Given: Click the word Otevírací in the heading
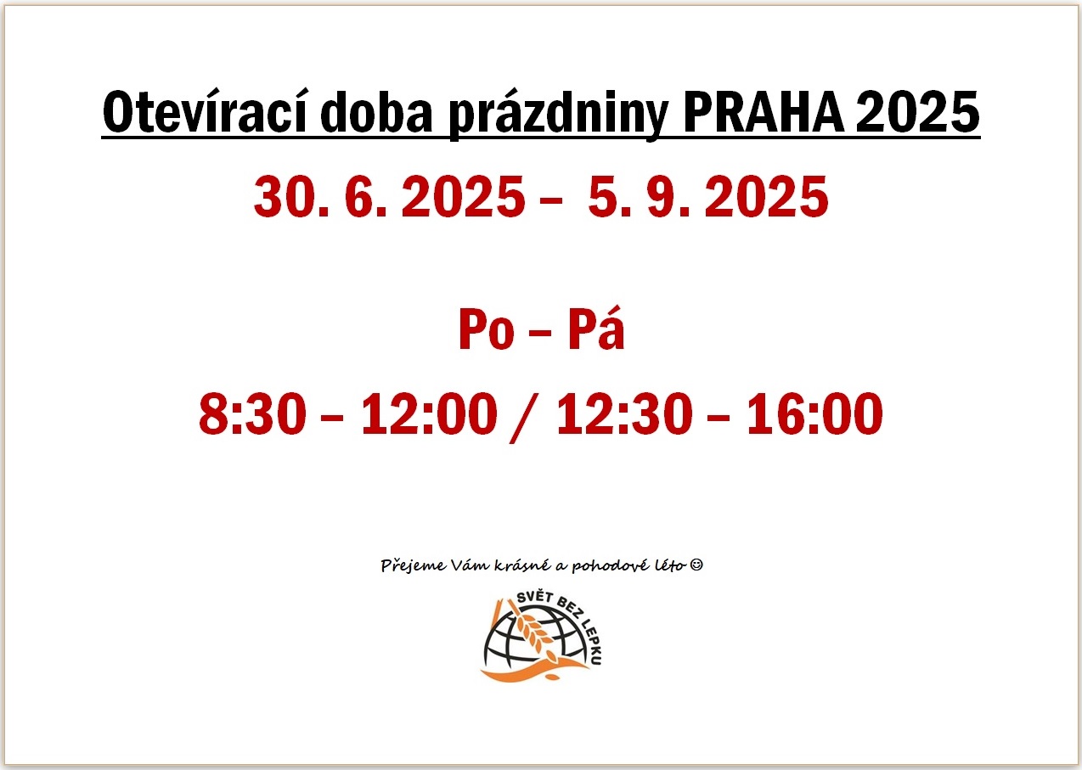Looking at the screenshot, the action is point(205,112).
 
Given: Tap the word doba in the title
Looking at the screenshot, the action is point(376,112).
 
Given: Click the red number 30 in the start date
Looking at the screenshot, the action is point(285,196).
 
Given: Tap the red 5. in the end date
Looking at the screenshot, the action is point(610,196).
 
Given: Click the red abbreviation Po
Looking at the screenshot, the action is point(487,329).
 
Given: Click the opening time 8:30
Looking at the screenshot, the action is point(252,413).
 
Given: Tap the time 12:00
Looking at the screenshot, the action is point(430,413).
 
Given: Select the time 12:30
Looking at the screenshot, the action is point(624,413).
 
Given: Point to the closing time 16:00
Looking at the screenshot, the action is point(815,413).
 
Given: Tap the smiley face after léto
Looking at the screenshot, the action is point(696,565).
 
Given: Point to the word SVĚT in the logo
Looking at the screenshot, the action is point(535,598).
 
